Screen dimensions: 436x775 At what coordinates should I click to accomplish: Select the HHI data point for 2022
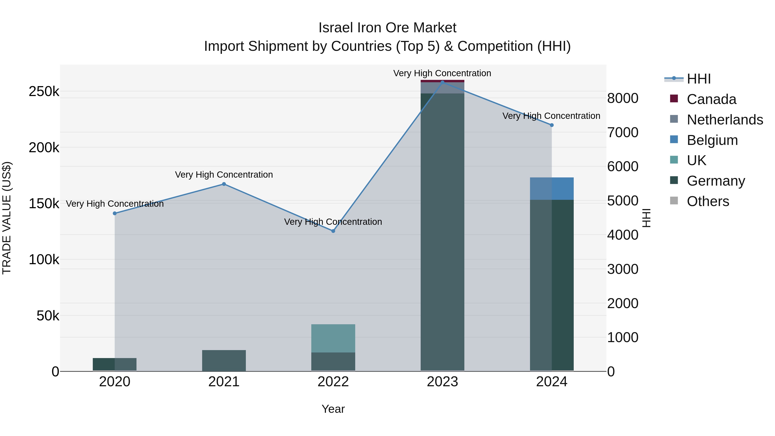pyautogui.click(x=333, y=231)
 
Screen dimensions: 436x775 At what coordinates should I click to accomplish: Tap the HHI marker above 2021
pyautogui.click(x=224, y=184)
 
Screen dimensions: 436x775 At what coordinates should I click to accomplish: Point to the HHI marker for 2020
pyautogui.click(x=115, y=213)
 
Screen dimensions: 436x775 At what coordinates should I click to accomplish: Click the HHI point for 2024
pyautogui.click(x=552, y=125)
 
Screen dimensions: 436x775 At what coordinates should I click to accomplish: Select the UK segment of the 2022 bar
pyautogui.click(x=333, y=338)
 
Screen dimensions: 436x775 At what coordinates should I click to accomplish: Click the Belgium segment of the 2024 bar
pyautogui.click(x=552, y=189)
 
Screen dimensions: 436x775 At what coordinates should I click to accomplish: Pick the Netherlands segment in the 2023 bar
pyautogui.click(x=442, y=88)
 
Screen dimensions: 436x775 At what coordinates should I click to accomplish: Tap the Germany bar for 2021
pyautogui.click(x=224, y=360)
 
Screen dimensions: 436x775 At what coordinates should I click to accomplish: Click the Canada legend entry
pyautogui.click(x=711, y=99)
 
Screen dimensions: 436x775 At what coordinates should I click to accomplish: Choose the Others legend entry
pyautogui.click(x=708, y=201)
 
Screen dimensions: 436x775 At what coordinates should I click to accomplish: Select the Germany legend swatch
pyautogui.click(x=674, y=181)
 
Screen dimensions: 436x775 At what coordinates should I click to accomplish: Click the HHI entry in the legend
pyautogui.click(x=699, y=79)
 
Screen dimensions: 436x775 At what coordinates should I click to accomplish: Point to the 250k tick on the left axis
pyautogui.click(x=44, y=92)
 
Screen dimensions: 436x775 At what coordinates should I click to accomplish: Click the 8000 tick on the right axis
pyautogui.click(x=622, y=98)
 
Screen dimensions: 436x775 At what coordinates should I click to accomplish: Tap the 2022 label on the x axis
pyautogui.click(x=333, y=382)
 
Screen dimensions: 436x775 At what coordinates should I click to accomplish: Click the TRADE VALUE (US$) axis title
pyautogui.click(x=7, y=218)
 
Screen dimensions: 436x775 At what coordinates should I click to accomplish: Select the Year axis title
pyautogui.click(x=333, y=409)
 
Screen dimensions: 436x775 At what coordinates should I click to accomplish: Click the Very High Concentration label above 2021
pyautogui.click(x=224, y=175)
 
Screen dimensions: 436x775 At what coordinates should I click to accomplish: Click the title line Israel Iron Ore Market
pyautogui.click(x=387, y=28)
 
